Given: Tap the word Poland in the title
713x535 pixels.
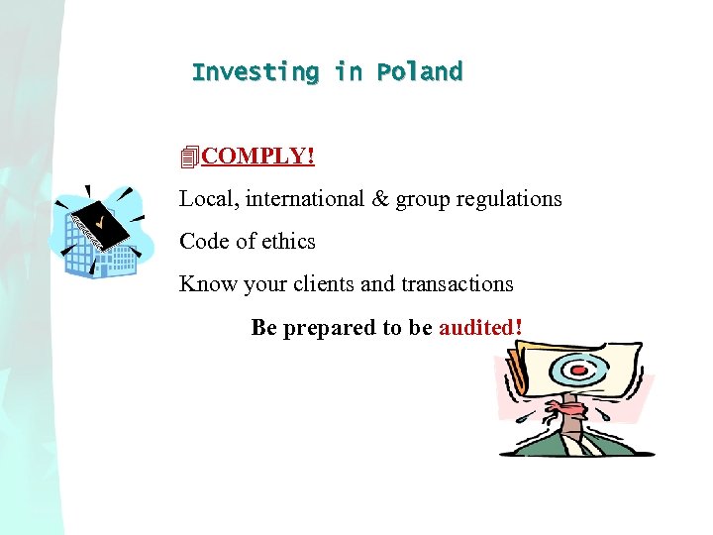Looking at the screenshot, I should point(419,72).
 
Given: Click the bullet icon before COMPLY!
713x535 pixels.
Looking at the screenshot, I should point(190,157).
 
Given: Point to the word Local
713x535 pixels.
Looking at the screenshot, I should point(202,198).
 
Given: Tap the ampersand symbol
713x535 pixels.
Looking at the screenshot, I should point(380,198).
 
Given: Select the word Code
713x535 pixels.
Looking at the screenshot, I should point(203,241).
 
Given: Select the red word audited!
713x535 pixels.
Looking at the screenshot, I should point(480,327).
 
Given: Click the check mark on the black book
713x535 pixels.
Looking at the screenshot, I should point(99,217).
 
